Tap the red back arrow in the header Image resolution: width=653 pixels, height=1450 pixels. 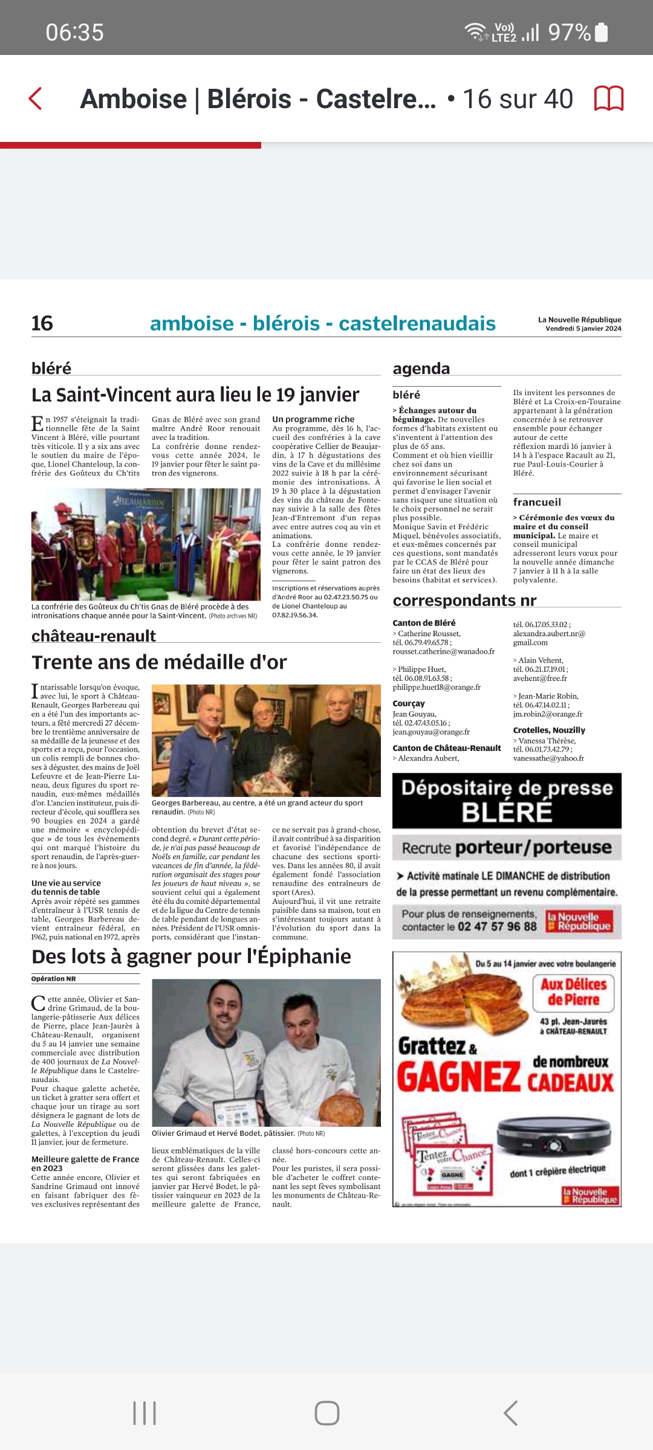36,98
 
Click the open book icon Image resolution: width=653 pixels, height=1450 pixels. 608,98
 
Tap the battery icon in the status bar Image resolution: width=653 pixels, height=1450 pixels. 602,32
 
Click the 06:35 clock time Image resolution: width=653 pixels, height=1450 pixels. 75,33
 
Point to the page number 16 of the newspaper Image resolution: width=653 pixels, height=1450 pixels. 42,324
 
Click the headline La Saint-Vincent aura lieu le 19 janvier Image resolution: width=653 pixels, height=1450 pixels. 195,395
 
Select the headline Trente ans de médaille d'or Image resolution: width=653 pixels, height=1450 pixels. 159,663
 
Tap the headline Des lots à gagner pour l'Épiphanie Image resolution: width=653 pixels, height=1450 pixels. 191,957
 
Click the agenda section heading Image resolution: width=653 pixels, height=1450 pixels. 421,369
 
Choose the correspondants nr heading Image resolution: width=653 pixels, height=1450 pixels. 464,601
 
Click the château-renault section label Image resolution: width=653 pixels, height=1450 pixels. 94,636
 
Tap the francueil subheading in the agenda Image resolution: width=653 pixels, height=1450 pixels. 537,502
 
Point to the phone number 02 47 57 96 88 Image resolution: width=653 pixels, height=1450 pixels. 497,927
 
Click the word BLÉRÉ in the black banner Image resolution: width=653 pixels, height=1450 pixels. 507,813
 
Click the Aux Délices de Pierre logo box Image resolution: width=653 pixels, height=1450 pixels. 573,992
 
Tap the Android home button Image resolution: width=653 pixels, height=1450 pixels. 326,1413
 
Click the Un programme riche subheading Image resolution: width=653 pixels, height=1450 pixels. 313,419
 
